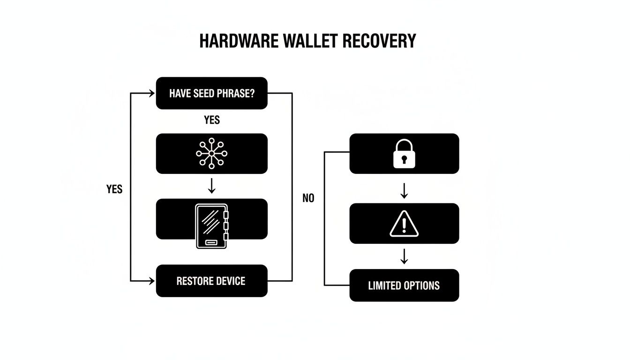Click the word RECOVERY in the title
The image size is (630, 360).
(x=379, y=41)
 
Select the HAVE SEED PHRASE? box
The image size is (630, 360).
(x=211, y=93)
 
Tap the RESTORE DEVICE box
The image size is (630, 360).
(x=211, y=281)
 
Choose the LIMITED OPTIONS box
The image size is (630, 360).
(x=404, y=285)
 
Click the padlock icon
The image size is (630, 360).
(x=404, y=153)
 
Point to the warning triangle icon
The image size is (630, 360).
(x=404, y=224)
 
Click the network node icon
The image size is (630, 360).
(x=211, y=153)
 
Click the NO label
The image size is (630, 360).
(x=308, y=198)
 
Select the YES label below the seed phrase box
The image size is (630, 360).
(x=212, y=120)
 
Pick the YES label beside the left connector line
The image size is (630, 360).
(x=114, y=189)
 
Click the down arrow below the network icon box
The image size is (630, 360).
(x=211, y=186)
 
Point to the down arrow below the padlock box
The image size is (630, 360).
(x=404, y=190)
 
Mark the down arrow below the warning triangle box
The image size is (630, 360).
(x=404, y=256)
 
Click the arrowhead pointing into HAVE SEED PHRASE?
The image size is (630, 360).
(x=151, y=93)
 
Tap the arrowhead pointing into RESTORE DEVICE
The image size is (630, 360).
(x=151, y=281)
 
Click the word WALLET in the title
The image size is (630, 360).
(x=312, y=41)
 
